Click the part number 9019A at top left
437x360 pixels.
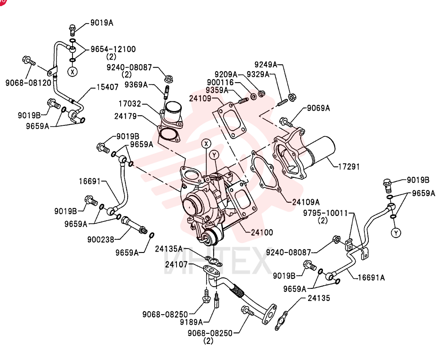102,23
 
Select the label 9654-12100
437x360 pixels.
113,49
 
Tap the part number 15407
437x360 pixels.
108,87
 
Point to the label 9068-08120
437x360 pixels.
28,83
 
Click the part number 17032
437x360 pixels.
130,104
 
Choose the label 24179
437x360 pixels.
125,116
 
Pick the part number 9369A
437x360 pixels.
136,84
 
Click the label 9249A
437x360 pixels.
266,65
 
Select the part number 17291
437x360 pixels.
349,166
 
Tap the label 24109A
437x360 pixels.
306,202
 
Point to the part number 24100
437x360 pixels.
262,232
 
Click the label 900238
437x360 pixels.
101,239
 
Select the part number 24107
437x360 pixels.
176,264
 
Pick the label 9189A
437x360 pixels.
191,322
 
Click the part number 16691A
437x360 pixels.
371,277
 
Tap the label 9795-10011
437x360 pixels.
326,213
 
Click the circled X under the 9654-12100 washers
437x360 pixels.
73,72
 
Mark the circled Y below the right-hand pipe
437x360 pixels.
396,232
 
